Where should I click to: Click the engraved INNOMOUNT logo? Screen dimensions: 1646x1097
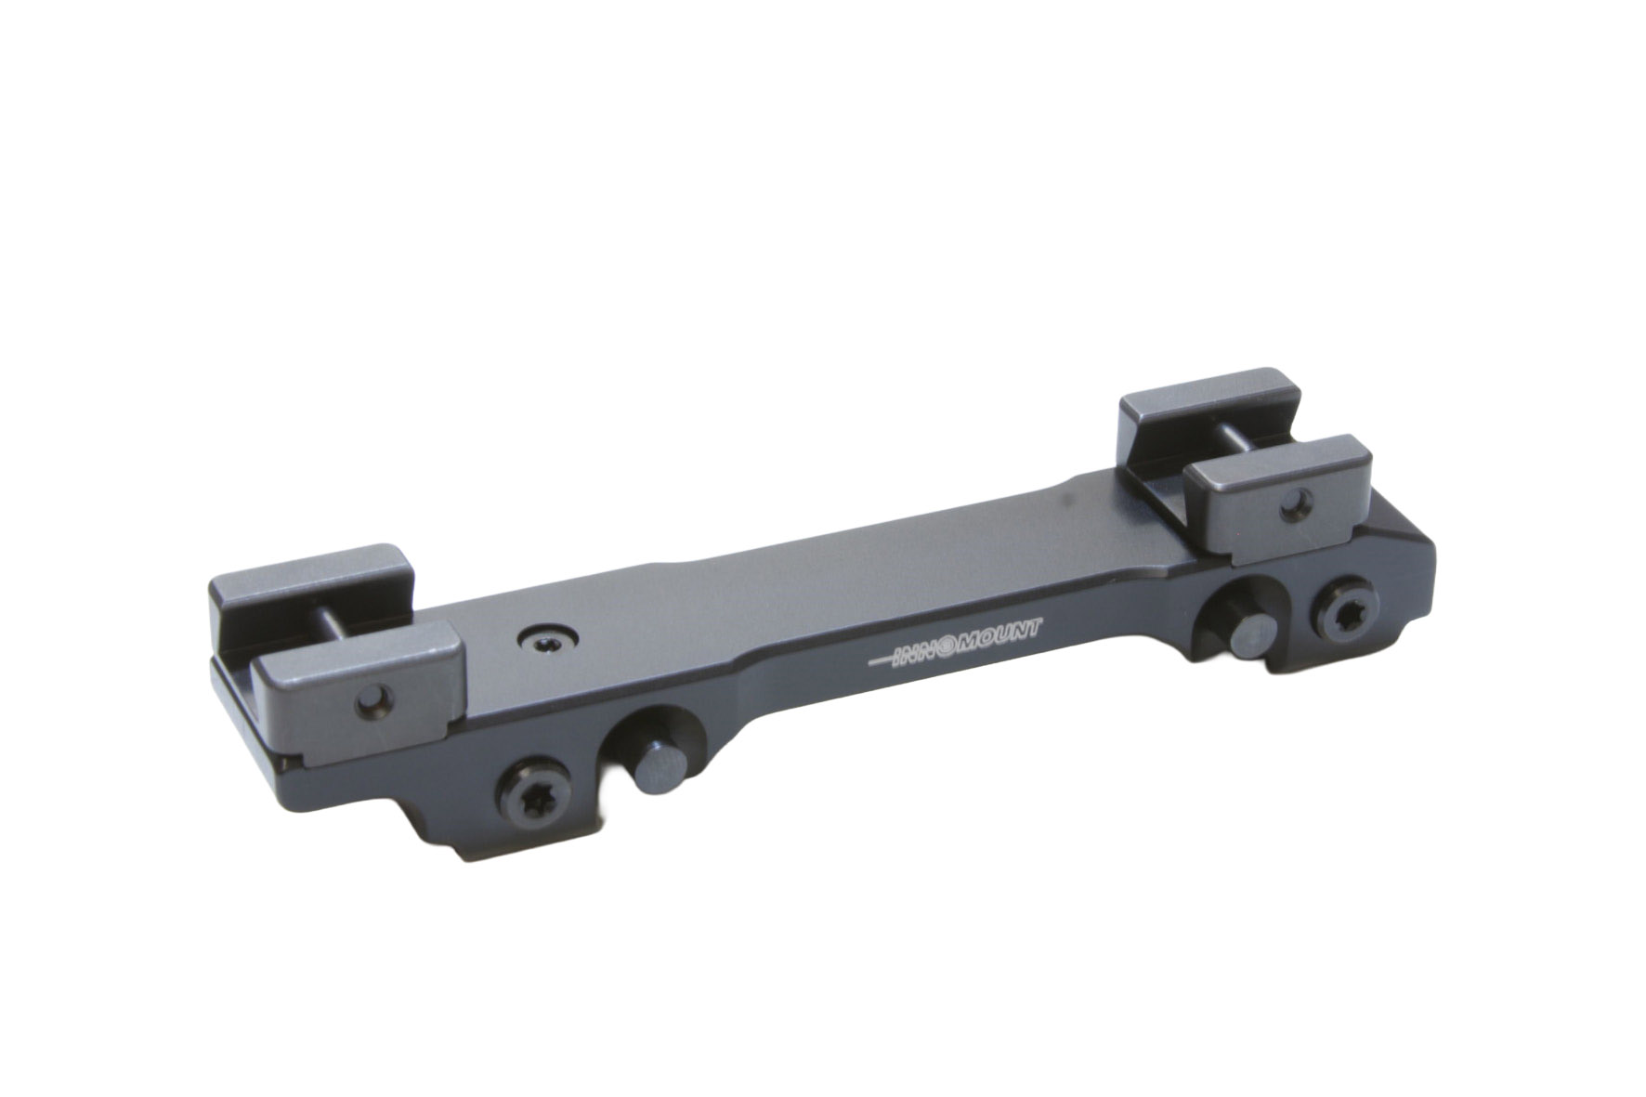click(956, 642)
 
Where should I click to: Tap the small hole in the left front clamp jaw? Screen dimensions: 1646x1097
click(376, 696)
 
